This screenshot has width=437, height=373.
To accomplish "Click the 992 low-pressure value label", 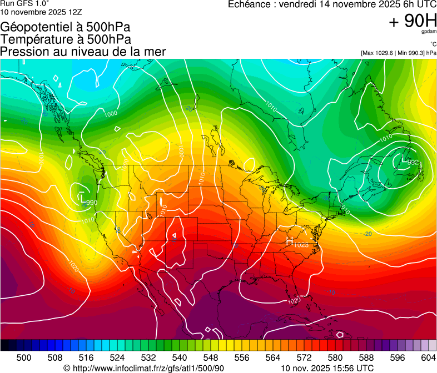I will click(x=413, y=163).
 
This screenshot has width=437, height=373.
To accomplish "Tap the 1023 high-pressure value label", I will click(x=301, y=244).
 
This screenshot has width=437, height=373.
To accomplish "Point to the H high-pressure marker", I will click(x=289, y=241).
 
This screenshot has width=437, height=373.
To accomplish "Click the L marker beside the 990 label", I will click(x=82, y=197).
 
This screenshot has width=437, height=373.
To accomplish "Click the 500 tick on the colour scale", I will click(x=24, y=357).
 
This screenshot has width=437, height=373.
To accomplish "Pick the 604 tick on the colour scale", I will click(x=429, y=357).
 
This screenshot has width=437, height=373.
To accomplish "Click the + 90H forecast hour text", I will click(x=413, y=22).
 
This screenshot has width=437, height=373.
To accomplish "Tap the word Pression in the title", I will click(x=22, y=52).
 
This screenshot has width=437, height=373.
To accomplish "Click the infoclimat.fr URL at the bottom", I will click(x=148, y=368).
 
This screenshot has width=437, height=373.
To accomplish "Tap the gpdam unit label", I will click(x=429, y=33).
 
